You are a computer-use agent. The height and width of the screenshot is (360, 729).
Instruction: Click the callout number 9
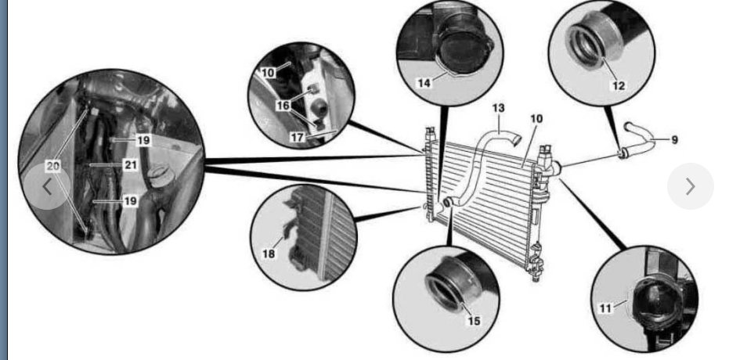pos(673,140)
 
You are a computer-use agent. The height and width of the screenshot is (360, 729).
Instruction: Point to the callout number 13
pos(499,107)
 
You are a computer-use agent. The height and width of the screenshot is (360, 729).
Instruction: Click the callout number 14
pos(424,81)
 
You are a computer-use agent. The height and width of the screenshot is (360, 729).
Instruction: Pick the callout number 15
pos(473,321)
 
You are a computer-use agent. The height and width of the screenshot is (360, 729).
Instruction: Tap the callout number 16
pos(282,104)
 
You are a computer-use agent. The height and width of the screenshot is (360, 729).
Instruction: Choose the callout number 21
pos(130,165)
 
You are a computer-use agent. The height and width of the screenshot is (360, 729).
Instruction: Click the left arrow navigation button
pos(48,187)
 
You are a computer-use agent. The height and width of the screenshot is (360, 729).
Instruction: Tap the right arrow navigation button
pos(690,186)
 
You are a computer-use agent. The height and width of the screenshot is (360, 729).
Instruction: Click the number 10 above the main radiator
pos(536,119)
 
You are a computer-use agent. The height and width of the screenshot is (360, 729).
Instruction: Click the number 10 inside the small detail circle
pos(268,72)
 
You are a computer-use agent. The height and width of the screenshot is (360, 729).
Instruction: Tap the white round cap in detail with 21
pos(161,175)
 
